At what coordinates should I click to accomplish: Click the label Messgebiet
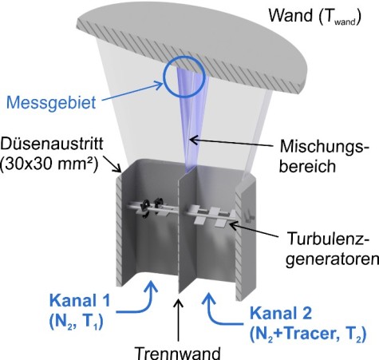[x=51, y=103]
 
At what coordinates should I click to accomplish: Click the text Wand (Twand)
[x=314, y=16]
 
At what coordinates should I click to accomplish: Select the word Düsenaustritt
[x=52, y=144]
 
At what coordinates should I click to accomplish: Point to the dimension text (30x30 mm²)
[x=49, y=164]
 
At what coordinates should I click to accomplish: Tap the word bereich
[x=307, y=166]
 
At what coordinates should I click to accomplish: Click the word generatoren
[x=332, y=259]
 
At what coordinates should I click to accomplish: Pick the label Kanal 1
[x=80, y=300]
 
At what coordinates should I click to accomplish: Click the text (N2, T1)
[x=77, y=322]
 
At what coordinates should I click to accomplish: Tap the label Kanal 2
[x=281, y=313]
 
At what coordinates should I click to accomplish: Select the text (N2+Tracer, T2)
[x=308, y=334]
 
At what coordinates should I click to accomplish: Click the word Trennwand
[x=178, y=353]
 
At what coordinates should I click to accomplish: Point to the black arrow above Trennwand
[x=178, y=320]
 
